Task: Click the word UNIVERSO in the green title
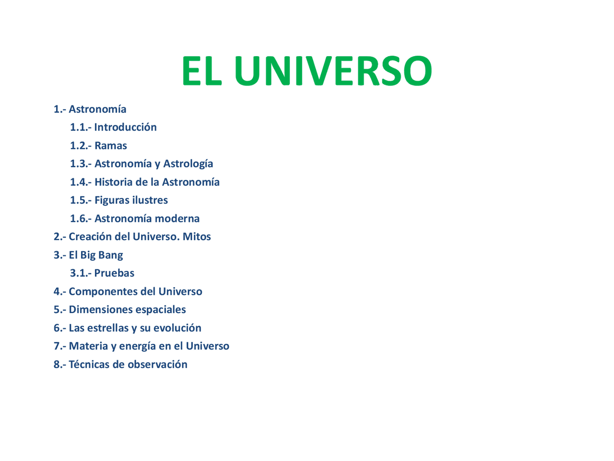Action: click(333, 71)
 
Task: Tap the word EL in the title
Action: click(201, 71)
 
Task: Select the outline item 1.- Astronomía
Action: click(90, 109)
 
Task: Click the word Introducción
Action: click(125, 127)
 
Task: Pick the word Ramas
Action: click(111, 146)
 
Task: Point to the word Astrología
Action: click(188, 164)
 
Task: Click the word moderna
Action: click(177, 218)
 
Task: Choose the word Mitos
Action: click(197, 237)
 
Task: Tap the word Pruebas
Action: click(114, 273)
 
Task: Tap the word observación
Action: click(157, 364)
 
